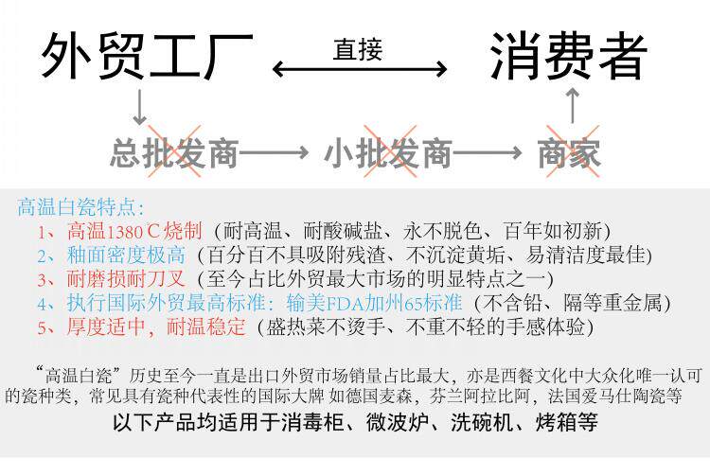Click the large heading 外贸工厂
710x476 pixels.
pyautogui.click(x=147, y=57)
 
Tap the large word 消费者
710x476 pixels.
pyautogui.click(x=568, y=57)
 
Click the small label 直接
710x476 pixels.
pyautogui.click(x=358, y=50)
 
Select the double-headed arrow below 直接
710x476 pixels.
pyautogui.click(x=360, y=70)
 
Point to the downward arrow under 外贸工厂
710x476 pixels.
pyautogui.click(x=139, y=107)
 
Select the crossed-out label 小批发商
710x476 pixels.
pyautogui.click(x=388, y=152)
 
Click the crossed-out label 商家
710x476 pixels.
pyautogui.click(x=570, y=152)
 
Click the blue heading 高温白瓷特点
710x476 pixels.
pyautogui.click(x=81, y=206)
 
